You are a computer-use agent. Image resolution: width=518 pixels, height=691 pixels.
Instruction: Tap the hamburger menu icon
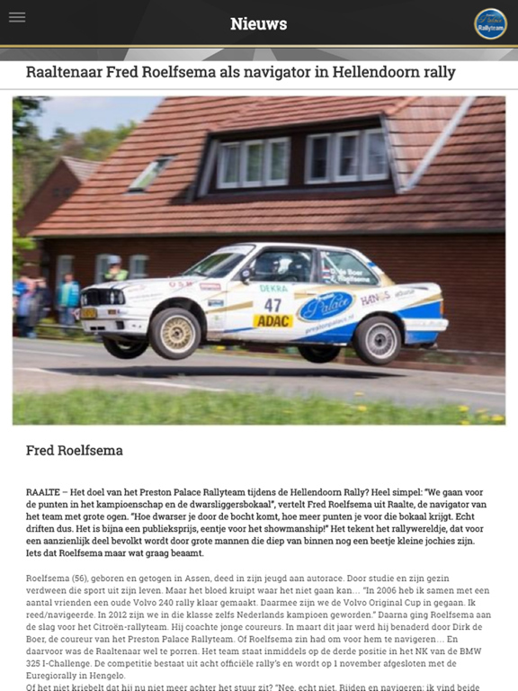[17, 18]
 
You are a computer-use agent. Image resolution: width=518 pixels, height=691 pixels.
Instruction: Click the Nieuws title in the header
[258, 24]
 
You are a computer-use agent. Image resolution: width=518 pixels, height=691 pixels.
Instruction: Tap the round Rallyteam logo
[490, 24]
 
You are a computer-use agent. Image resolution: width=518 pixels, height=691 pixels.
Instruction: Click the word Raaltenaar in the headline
[67, 72]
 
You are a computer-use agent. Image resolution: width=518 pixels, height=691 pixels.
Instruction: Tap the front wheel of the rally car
[174, 332]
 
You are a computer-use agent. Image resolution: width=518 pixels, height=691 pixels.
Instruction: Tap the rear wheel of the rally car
[377, 337]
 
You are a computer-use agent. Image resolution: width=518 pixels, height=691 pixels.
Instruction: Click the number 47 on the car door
[272, 305]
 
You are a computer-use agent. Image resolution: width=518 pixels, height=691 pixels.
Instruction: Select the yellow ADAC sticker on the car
[272, 320]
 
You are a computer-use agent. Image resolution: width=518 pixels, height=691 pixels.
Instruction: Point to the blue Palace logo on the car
[325, 308]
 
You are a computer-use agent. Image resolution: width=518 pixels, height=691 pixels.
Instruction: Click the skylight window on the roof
[150, 175]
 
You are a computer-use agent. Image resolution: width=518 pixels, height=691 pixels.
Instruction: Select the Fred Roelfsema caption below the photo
[75, 451]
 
